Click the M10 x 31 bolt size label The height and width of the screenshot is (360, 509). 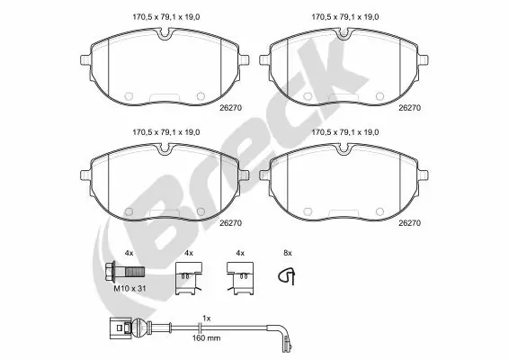point(129,289)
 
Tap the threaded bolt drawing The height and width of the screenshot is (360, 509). point(125,272)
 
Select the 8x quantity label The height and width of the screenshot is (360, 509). point(288,253)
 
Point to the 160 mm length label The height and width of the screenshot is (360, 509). point(206,338)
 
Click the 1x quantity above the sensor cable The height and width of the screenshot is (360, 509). point(207,319)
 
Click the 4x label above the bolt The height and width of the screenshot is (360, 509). point(129,253)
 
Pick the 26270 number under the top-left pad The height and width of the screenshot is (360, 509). point(230,108)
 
